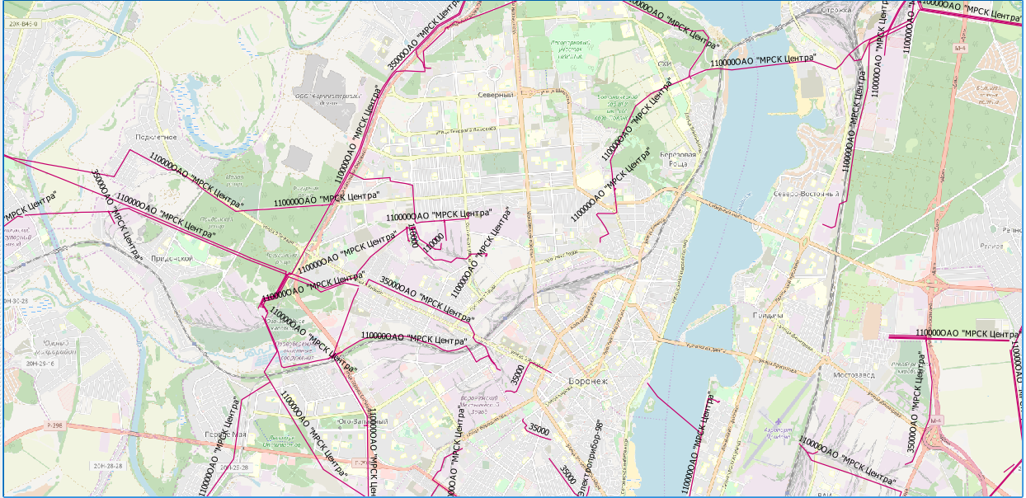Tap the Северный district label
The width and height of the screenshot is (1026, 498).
click(495, 95)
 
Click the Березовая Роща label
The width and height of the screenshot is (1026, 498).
click(678, 159)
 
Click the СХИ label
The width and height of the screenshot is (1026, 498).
click(664, 63)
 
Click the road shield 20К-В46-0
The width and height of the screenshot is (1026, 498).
click(23, 25)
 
